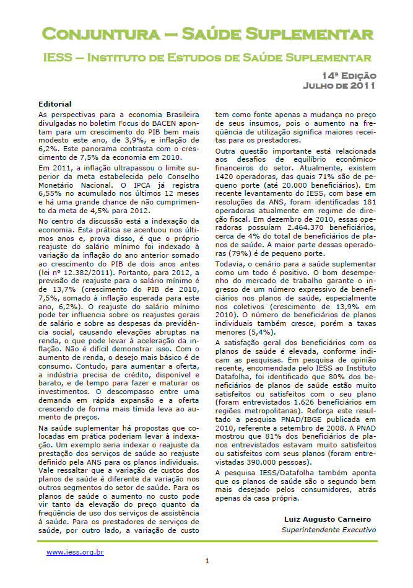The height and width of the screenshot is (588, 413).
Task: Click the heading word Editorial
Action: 55,104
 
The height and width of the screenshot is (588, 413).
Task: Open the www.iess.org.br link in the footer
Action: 75,551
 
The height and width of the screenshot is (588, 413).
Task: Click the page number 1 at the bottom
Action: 207,561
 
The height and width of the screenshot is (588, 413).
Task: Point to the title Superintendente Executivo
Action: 328,530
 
